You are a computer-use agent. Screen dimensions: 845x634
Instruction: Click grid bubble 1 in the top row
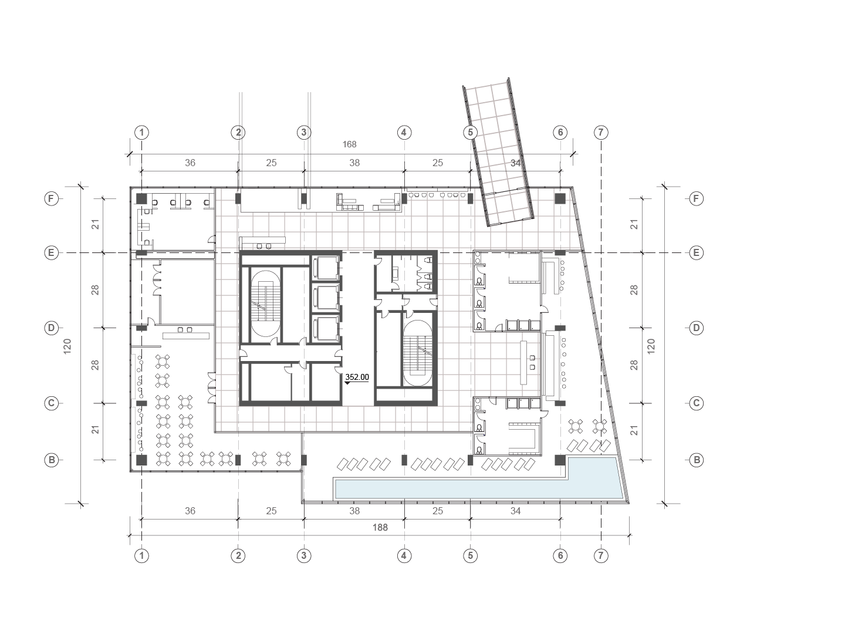pos(141,133)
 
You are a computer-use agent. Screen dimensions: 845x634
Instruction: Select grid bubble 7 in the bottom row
pos(601,556)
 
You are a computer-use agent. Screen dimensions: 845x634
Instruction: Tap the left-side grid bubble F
pos(52,199)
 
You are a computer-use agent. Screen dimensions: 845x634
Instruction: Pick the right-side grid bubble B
pos(697,460)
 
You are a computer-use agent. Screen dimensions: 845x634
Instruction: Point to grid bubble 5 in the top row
pos(470,133)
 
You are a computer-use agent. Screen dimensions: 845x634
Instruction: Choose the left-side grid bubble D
pos(52,328)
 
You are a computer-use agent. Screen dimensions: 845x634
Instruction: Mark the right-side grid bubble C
pos(697,403)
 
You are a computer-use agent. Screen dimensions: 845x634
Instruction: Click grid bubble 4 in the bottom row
pos(404,556)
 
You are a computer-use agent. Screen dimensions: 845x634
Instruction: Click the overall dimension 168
pos(350,144)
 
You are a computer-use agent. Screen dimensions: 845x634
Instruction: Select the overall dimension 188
pos(380,527)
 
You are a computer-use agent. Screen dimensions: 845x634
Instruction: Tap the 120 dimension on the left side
pos(67,346)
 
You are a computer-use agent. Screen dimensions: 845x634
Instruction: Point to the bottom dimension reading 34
pos(515,511)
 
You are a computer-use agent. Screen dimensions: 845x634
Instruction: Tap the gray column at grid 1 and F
pos(141,198)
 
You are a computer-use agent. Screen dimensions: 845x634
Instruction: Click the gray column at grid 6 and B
pos(560,460)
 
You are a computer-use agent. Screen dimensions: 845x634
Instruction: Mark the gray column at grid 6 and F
pos(560,198)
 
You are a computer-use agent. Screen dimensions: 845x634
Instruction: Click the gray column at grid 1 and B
pos(141,460)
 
